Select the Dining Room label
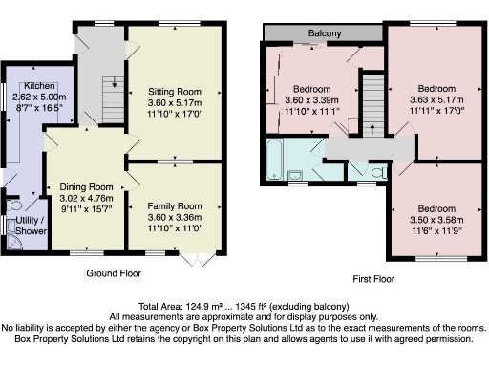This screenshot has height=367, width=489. click(x=87, y=187)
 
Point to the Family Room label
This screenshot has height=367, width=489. click(x=175, y=205)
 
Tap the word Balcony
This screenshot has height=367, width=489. click(x=325, y=34)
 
